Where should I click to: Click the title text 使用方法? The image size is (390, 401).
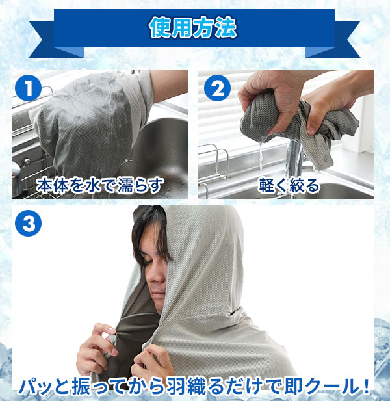193,28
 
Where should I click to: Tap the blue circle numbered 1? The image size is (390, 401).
28,88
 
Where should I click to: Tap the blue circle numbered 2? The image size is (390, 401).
217,88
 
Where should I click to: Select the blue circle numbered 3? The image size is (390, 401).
28,223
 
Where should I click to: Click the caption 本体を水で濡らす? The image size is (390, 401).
99,185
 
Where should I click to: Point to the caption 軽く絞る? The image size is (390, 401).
289,185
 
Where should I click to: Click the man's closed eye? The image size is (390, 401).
148,261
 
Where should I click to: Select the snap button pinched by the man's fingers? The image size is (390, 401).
112,339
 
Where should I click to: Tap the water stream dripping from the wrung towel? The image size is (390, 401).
261,156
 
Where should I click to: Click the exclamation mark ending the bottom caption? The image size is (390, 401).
366,386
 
